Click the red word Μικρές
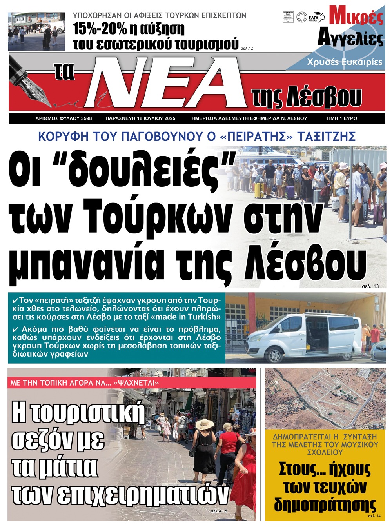pyautogui.click(x=356, y=16)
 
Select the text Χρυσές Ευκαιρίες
pyautogui.click(x=344, y=62)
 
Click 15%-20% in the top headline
pyautogui.click(x=101, y=29)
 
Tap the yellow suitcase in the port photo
pyautogui.click(x=259, y=190)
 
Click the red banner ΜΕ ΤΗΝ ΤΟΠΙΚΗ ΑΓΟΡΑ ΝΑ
pyautogui.click(x=84, y=382)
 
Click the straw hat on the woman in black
pyautogui.click(x=204, y=424)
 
